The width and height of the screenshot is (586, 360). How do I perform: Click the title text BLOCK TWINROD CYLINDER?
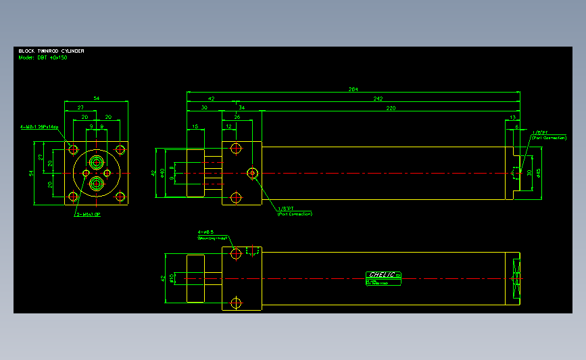click(51, 51)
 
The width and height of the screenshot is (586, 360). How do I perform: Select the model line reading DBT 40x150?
click(43, 57)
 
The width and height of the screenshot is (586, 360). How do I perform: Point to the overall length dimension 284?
click(353, 89)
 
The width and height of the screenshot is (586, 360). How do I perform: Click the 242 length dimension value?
click(377, 99)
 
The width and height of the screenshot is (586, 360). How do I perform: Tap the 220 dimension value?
click(391, 107)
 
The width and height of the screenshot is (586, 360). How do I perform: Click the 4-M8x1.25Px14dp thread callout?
click(39, 126)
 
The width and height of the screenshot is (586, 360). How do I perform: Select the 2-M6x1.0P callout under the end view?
click(88, 215)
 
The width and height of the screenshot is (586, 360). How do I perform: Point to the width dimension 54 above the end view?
click(96, 99)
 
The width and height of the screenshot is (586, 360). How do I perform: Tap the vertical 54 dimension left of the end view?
click(31, 173)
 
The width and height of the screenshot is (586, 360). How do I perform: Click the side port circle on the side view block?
click(253, 173)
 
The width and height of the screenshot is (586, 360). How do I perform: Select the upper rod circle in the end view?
click(96, 162)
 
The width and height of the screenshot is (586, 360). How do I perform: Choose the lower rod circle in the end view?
click(96, 183)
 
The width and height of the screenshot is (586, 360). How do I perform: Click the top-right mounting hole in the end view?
click(120, 149)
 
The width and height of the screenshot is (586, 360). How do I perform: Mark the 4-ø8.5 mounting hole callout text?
click(206, 232)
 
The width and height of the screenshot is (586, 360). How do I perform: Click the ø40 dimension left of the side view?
click(162, 172)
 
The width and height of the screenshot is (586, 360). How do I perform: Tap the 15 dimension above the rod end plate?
click(195, 126)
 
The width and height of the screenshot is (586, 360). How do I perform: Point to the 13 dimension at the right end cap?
click(512, 117)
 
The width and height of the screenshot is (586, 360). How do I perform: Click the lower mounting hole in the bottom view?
click(236, 302)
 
